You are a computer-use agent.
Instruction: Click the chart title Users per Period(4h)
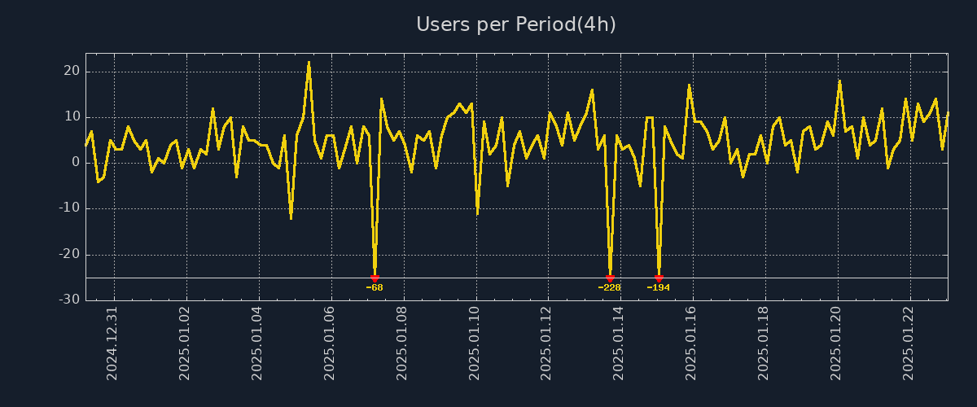[516, 24]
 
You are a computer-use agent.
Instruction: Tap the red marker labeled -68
[375, 278]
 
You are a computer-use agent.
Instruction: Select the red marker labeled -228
[610, 278]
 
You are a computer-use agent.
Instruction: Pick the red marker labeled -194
[659, 278]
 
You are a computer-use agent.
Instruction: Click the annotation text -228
[609, 287]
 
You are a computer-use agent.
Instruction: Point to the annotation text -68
[375, 287]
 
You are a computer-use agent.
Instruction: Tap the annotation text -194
[658, 287]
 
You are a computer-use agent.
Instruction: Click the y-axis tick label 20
[71, 72]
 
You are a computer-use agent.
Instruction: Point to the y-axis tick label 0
[75, 163]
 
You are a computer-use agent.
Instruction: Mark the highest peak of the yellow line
[309, 62]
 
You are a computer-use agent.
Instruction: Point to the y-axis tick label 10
[71, 117]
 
